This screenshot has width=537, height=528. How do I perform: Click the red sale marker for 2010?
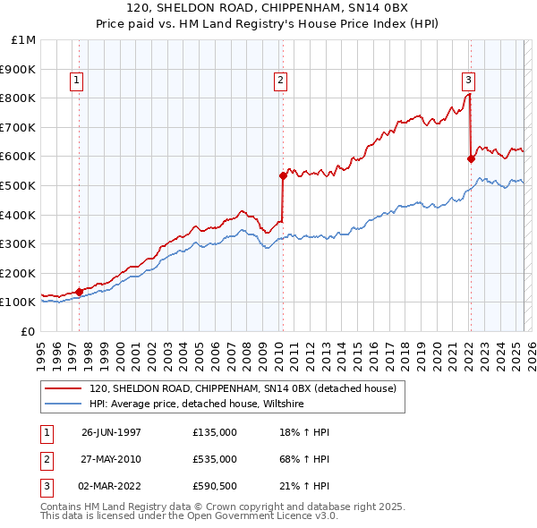(283, 175)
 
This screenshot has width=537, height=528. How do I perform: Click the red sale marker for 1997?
(79, 291)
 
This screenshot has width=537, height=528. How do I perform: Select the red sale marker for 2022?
(471, 158)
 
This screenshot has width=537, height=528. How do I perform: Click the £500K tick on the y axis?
(19, 185)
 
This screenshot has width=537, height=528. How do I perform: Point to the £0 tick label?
(28, 331)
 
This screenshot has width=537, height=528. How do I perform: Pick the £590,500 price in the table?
(215, 486)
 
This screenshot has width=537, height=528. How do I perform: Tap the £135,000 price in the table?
(215, 432)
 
